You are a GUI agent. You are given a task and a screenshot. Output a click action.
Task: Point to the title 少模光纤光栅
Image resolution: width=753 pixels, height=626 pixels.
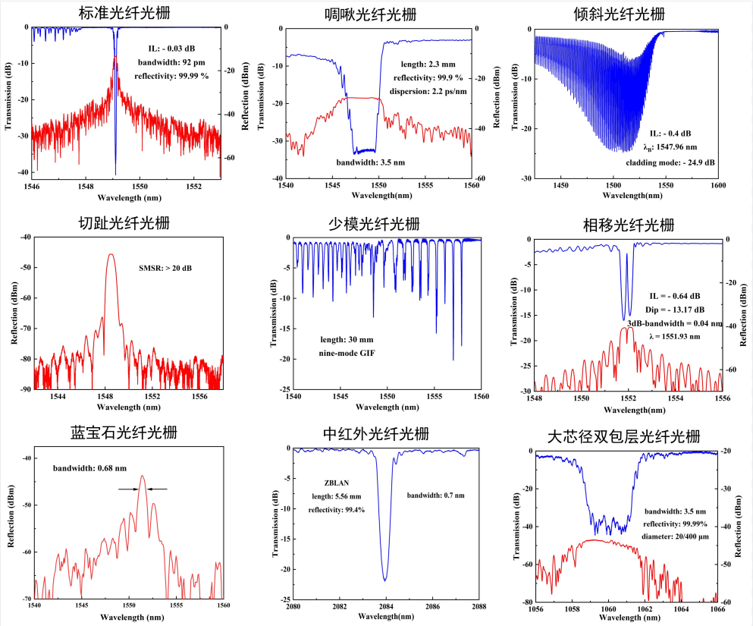tap(376, 224)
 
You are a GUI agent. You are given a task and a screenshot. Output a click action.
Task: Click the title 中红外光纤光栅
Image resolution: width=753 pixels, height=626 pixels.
tap(375, 434)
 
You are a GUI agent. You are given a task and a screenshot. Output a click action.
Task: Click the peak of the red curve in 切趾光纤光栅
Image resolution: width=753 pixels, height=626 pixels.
tap(111, 255)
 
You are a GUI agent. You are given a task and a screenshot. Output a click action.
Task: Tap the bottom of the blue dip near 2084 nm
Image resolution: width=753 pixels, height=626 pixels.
tap(385, 580)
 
